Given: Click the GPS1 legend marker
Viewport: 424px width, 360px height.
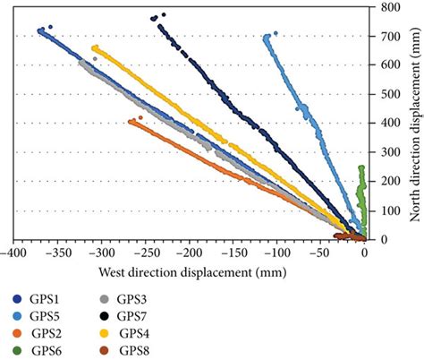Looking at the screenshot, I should pos(17,299).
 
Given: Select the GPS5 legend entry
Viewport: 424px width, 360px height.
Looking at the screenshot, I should pos(36,316).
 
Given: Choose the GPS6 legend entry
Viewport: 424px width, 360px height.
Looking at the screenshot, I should pos(36,350).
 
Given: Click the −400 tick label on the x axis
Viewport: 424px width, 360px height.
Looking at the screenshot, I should pos(13,253).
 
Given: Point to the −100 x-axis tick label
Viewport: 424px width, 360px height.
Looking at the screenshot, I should pos(276,253).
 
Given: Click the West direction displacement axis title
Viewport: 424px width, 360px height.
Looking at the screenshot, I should pos(189,270).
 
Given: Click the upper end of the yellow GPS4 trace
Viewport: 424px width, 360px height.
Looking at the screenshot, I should pos(95,48).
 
